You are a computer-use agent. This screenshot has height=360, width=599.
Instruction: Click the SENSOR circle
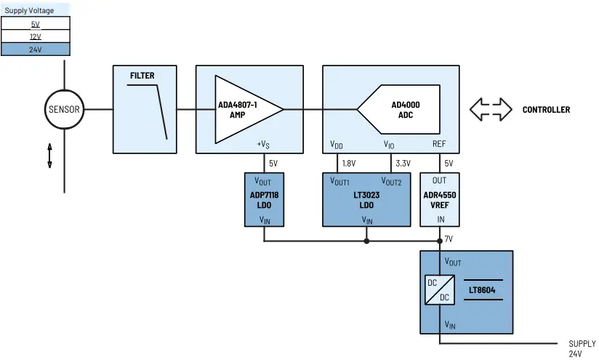(x=64, y=110)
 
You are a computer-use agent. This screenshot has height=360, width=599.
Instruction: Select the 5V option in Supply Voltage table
(x=36, y=24)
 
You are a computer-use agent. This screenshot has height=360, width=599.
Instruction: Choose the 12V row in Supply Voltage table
(x=36, y=36)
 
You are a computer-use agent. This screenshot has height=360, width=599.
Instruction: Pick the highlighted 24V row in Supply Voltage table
(x=36, y=49)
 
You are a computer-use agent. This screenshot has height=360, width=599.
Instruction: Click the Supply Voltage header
(x=30, y=11)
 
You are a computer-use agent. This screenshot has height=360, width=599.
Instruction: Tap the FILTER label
(x=142, y=76)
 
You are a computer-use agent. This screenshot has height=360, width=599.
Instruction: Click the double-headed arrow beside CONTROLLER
(x=491, y=110)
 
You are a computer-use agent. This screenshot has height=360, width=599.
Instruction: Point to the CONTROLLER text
(x=546, y=110)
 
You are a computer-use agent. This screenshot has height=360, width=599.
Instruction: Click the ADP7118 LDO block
(x=263, y=199)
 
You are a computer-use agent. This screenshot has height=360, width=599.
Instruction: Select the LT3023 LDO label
(x=366, y=200)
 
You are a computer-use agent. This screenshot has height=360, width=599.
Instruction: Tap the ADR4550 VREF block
(x=440, y=199)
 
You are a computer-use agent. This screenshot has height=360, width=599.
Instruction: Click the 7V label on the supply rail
(x=449, y=239)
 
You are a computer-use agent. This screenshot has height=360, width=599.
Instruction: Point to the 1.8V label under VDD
(x=348, y=164)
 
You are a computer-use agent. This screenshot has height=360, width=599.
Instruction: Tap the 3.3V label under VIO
(x=403, y=164)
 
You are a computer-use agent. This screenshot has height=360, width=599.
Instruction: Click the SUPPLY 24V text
(x=582, y=348)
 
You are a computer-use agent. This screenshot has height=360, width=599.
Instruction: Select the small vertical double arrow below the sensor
(x=49, y=156)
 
